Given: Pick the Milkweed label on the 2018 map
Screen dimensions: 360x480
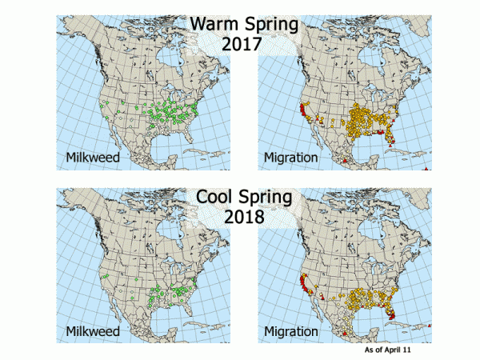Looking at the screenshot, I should [x=94, y=330].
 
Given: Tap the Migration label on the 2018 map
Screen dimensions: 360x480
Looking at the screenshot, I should [x=293, y=330].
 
